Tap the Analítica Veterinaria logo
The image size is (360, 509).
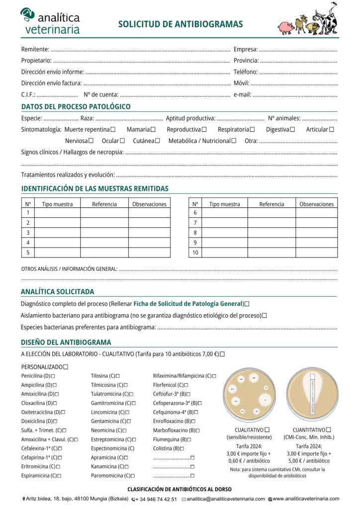pyautogui.click(x=50, y=21)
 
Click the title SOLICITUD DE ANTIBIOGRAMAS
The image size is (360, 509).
pyautogui.click(x=180, y=24)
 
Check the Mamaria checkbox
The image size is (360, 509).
pyautogui.click(x=153, y=130)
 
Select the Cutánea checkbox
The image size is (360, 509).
pyautogui.click(x=157, y=141)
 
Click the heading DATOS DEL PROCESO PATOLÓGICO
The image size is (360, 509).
pyautogui.click(x=76, y=106)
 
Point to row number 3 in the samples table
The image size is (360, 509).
pyautogui.click(x=28, y=233)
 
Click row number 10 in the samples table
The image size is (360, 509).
pyautogui.click(x=195, y=253)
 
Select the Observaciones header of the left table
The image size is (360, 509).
pyautogui.click(x=149, y=204)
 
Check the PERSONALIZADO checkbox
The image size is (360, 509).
pyautogui.click(x=66, y=367)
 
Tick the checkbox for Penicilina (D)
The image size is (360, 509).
pyautogui.click(x=53, y=376)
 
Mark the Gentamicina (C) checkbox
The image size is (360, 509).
pyautogui.click(x=127, y=421)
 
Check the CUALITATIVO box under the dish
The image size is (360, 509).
pyautogui.click(x=268, y=429)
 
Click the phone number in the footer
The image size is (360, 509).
pyautogui.click(x=156, y=499)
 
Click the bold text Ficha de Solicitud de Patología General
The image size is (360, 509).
pyautogui.click(x=188, y=304)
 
